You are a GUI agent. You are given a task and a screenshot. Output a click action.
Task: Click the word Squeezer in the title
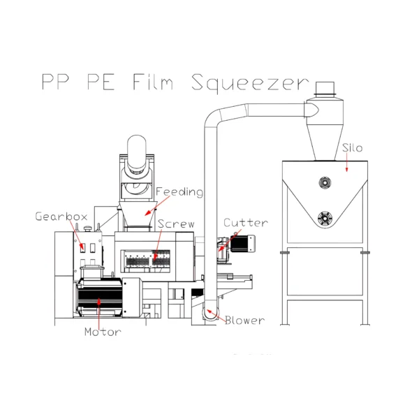(x=250, y=83)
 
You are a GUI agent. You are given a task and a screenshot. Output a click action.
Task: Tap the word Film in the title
(x=153, y=82)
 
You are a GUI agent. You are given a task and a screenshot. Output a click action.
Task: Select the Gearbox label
(x=61, y=216)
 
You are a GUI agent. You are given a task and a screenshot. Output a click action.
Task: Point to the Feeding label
(x=179, y=192)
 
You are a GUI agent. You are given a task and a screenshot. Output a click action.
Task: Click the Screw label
(x=176, y=224)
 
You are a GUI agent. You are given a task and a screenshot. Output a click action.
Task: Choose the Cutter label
(x=246, y=223)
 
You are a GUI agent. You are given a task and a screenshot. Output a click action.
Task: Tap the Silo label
(x=353, y=148)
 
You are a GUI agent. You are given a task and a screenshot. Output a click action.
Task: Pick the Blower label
(x=245, y=320)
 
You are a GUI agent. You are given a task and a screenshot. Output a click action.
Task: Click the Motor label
(x=103, y=332)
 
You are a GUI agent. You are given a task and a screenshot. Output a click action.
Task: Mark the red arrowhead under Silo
(x=347, y=169)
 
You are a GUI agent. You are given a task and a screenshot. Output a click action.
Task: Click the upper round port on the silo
(x=325, y=183)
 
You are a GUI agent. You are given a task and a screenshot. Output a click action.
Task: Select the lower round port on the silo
(x=325, y=219)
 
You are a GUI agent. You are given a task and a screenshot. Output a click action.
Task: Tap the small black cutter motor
(x=242, y=244)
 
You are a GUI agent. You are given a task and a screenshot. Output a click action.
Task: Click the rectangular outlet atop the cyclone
(x=325, y=88)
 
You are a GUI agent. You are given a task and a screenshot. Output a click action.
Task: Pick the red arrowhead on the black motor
(x=99, y=301)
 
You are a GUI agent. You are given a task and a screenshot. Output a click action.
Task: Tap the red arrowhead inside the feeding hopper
(x=147, y=213)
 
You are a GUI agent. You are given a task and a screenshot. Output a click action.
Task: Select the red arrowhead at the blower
(x=209, y=311)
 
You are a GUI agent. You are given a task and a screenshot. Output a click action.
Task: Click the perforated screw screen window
(x=145, y=261)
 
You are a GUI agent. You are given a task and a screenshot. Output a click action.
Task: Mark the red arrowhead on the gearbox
(x=83, y=249)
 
